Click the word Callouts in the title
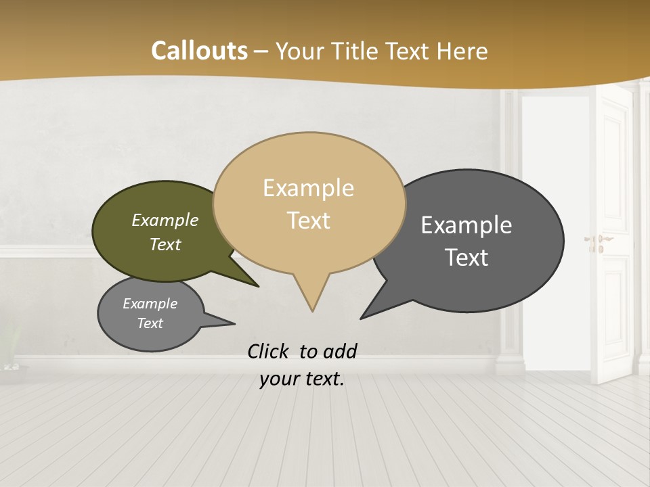199,51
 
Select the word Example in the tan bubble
308,188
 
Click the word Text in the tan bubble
308,221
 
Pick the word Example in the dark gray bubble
467,225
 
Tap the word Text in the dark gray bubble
467,258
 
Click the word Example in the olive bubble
165,221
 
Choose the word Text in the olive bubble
165,244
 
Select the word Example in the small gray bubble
150,304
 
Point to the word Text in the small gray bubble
150,323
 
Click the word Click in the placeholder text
269,351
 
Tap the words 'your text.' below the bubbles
301,379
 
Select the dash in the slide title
261,51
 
